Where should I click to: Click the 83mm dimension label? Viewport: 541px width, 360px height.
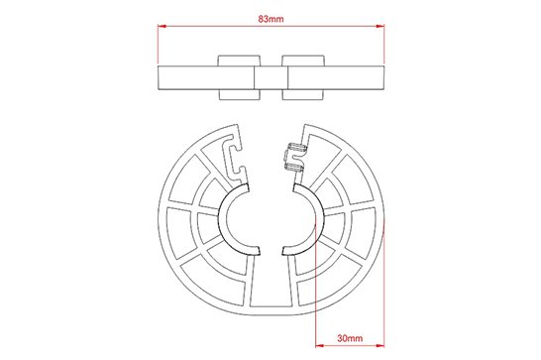270,19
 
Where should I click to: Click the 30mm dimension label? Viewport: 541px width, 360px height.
350,338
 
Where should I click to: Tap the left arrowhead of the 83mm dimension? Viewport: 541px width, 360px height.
162,26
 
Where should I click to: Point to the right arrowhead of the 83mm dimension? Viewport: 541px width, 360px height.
379,26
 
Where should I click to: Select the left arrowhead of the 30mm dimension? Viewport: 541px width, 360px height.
320,345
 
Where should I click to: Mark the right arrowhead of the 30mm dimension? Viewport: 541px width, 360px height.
379,345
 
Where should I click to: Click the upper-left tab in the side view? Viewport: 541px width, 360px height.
239,60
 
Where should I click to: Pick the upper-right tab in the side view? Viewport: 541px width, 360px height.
303,60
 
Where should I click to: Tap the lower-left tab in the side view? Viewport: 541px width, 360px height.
240,94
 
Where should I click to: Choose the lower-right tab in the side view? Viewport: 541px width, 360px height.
303,94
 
